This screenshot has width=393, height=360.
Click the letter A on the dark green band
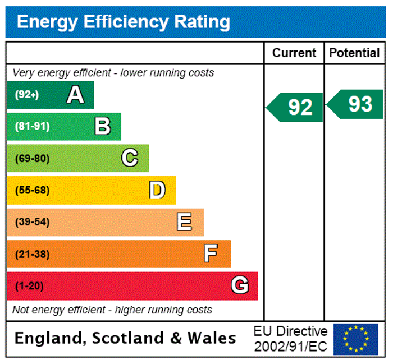tap(75, 95)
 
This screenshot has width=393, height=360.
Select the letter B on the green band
tap(102, 126)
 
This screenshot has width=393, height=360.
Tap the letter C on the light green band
tap(130, 158)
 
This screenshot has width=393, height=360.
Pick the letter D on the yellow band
tap(157, 190)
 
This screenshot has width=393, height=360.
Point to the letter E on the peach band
tap(184, 222)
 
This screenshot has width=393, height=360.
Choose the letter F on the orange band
tap(211, 254)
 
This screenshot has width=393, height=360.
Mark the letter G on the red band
tap(239, 286)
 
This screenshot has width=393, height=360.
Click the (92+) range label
tap(27, 95)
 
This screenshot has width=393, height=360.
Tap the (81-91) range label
tap(32, 126)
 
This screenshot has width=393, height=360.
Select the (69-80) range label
tap(32, 158)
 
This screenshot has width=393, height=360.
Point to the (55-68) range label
tap(32, 190)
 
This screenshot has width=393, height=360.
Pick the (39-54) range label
tap(32, 222)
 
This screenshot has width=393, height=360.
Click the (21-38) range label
tap(32, 254)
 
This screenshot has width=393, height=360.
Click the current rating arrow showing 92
tap(295, 107)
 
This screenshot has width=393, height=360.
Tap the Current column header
tap(294, 53)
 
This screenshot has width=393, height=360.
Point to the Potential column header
tap(354, 53)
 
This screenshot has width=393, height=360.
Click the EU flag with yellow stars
tap(355, 338)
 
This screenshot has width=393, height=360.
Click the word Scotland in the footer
tap(130, 338)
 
